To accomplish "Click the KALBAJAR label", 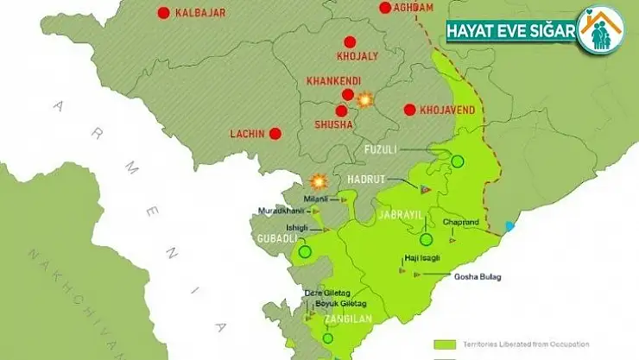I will click(x=200, y=12).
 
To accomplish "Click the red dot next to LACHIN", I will click(x=275, y=134).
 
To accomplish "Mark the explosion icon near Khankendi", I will click(x=365, y=100).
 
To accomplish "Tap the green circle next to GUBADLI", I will click(x=304, y=252).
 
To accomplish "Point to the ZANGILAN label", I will click(x=346, y=319).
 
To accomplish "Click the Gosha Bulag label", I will click(x=478, y=276).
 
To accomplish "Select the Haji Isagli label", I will click(x=423, y=258).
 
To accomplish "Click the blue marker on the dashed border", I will click(x=509, y=226).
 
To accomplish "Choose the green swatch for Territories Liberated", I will click(x=446, y=342).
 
